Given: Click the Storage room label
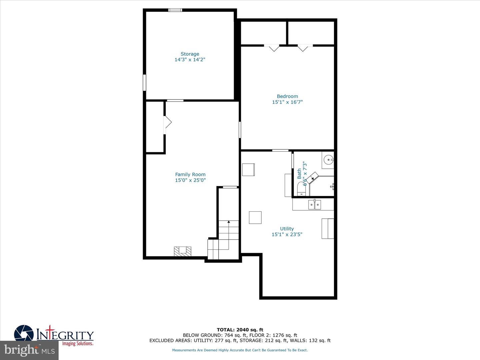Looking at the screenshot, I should point(190,54).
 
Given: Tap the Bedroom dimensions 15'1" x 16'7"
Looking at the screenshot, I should point(287,102).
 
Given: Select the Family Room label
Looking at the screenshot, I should point(190,174).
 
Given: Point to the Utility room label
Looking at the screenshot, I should point(287,229).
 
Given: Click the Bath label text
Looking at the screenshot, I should point(299,173).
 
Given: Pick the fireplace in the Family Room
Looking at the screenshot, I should point(183,251).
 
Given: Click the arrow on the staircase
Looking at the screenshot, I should point(229,222).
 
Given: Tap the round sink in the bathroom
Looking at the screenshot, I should point(328,160).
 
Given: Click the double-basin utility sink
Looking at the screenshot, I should point(315,204).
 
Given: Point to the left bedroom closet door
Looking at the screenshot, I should point(274,48).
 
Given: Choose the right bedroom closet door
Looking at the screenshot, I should point(303,48).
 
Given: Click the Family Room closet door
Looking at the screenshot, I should point(167,122).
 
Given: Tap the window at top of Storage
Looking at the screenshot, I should point(175,10).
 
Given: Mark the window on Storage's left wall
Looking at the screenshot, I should point(144,82).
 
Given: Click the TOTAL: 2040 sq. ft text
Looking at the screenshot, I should point(240,330).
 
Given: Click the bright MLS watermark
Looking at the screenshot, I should point(29,350).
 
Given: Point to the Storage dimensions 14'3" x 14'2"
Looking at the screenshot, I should point(190,60).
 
